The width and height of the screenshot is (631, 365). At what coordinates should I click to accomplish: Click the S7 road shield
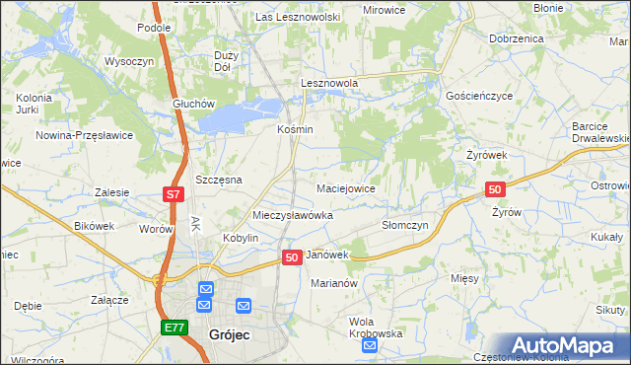173,195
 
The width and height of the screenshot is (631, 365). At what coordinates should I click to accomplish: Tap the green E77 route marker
174,328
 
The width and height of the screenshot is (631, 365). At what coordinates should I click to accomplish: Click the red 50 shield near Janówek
291,257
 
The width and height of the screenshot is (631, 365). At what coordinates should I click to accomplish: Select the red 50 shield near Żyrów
495,189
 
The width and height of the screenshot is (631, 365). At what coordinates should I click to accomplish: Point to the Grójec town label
230,335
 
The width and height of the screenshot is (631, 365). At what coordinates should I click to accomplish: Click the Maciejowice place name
345,187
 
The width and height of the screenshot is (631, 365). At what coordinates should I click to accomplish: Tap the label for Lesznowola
329,84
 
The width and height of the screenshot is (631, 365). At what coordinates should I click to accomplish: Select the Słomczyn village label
404,225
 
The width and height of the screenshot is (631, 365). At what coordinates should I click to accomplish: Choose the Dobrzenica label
516,37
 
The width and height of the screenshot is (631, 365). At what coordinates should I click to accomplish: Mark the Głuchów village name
192,104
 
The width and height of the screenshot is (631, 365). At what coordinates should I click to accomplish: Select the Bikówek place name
95,226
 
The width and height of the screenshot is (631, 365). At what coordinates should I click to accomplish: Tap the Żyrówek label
486,156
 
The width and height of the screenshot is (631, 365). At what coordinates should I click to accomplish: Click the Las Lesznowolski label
298,17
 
